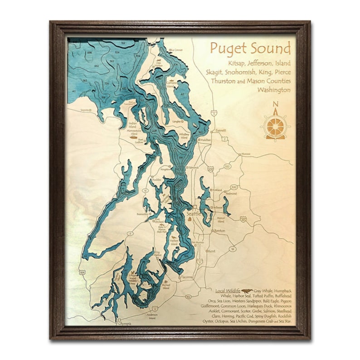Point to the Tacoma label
[187, 277]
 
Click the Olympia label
[124, 323]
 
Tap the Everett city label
[220, 130]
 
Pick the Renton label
[220, 231]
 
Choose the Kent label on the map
[211, 251]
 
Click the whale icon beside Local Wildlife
[247, 290]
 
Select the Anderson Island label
[152, 316]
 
